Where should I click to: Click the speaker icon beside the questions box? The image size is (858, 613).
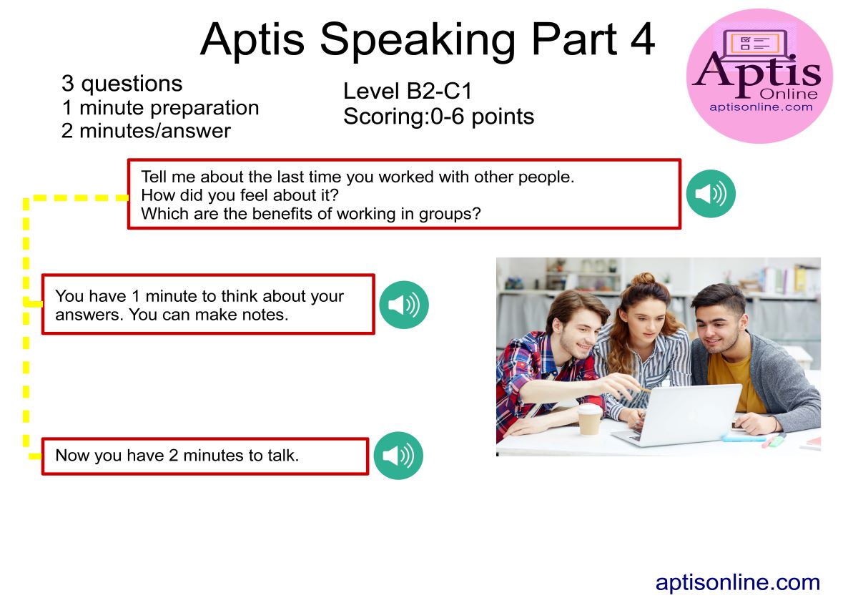[711, 194]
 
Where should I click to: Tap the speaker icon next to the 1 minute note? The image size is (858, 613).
[404, 305]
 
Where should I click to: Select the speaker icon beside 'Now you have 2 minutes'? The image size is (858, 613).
[398, 456]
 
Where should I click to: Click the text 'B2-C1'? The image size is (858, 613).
[439, 91]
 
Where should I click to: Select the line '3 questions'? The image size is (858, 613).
[122, 84]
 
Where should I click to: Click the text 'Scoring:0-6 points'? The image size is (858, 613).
[438, 117]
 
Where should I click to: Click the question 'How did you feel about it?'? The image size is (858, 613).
[240, 195]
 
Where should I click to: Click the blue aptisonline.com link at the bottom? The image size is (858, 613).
[738, 583]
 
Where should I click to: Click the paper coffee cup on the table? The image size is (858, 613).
[589, 420]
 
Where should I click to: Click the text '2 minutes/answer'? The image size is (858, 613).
[146, 132]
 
